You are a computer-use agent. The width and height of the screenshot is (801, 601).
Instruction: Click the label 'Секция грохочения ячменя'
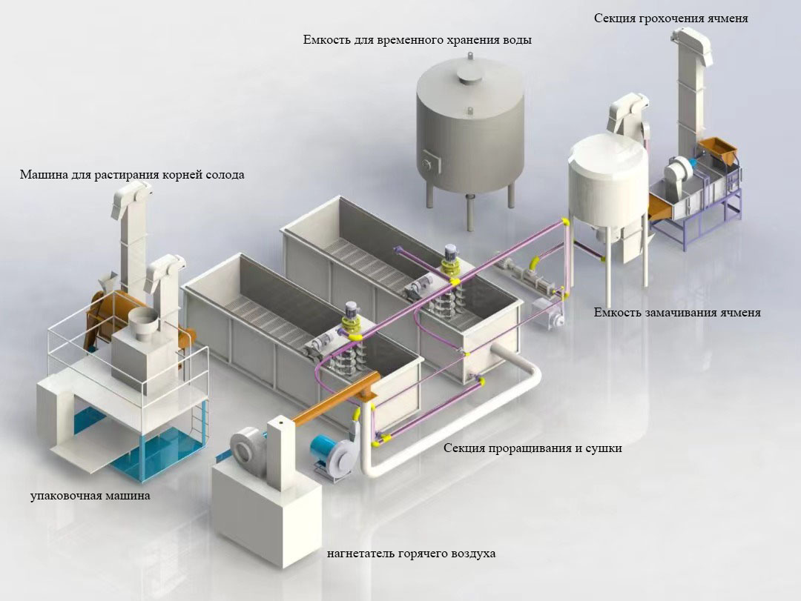670,19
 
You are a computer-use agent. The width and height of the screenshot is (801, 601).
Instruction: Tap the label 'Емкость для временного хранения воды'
417,40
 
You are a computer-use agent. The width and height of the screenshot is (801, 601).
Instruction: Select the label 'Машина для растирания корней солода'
132,176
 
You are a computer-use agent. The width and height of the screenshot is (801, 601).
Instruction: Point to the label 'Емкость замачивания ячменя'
677,313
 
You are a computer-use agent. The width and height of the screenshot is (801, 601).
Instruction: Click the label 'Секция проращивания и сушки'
533,448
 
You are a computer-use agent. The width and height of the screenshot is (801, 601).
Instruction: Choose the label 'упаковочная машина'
90,496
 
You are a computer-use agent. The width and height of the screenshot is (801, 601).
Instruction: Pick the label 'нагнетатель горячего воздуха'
411,554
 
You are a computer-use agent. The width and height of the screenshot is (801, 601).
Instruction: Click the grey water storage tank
468,126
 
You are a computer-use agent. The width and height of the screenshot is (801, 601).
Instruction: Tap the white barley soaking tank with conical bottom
607,185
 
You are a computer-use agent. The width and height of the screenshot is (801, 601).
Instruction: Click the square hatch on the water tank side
429,161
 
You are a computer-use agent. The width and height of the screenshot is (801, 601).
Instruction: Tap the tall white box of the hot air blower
282,452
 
